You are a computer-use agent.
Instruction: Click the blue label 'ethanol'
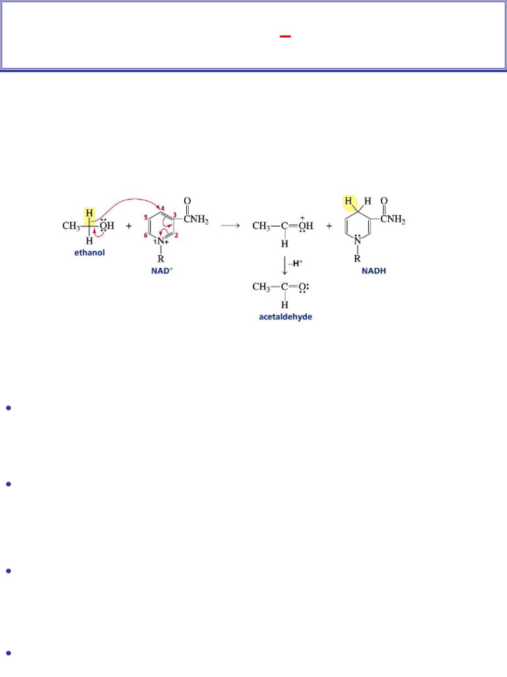90,253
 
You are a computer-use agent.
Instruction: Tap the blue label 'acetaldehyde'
285,317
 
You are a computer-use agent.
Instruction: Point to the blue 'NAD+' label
162,271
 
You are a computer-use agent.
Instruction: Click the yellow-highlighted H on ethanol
89,212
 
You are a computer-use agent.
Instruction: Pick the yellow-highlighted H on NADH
349,201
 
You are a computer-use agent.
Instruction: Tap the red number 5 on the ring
145,217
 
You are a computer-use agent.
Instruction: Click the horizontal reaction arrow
230,225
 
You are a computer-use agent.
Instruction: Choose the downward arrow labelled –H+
285,266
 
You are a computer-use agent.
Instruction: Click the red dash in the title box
285,37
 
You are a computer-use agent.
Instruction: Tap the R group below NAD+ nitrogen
160,260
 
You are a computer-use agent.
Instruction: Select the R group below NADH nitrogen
358,258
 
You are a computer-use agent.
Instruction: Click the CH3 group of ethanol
71,226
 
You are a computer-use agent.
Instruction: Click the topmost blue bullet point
8,408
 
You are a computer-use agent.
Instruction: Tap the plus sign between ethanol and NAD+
128,225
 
